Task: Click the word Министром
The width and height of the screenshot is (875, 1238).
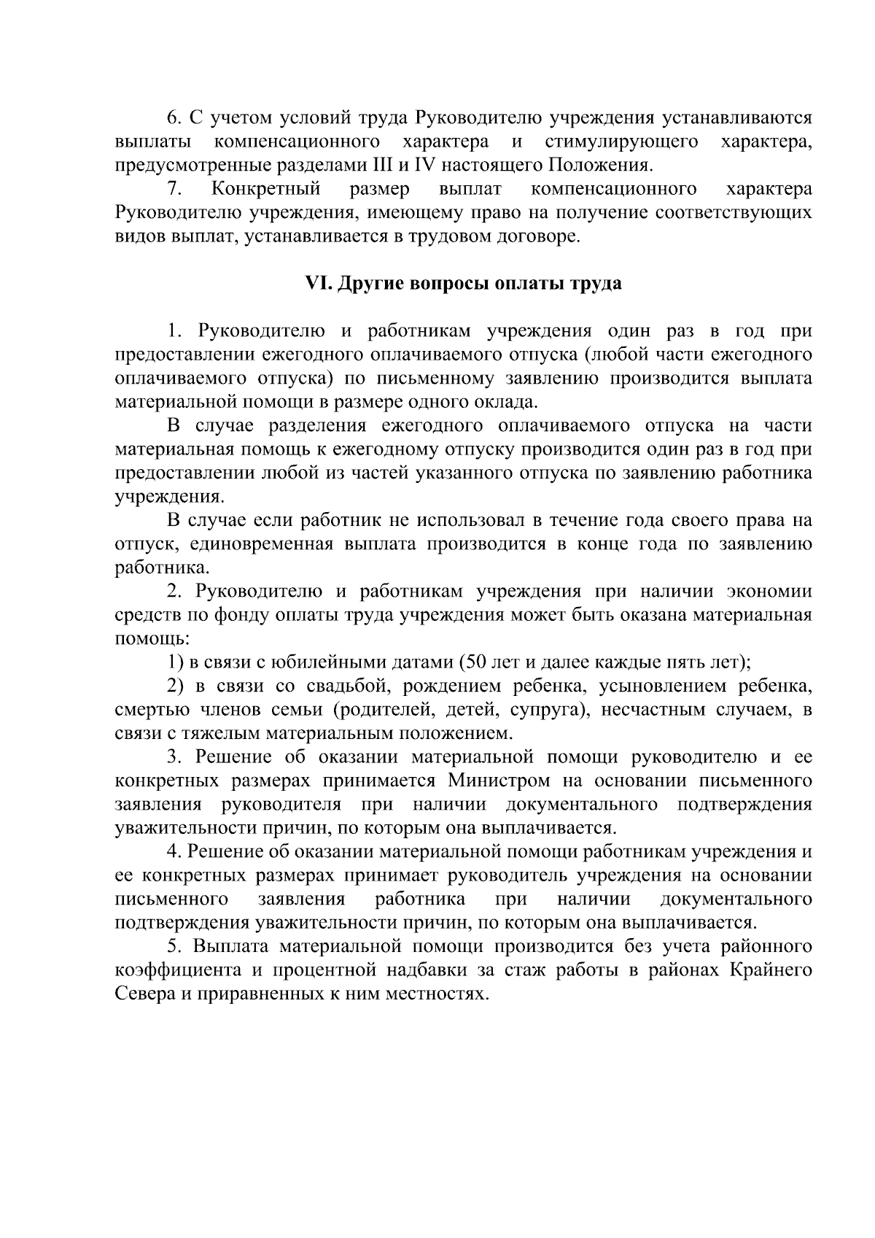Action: pyautogui.click(x=499, y=781)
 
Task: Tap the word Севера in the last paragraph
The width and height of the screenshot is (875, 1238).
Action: pyautogui.click(x=141, y=994)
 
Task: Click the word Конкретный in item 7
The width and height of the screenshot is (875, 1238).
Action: pyautogui.click(x=266, y=190)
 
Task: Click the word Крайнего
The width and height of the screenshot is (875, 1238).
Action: pyautogui.click(x=770, y=971)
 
